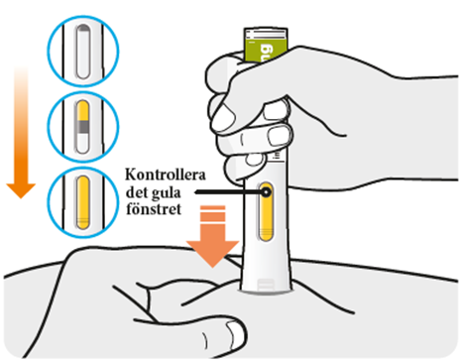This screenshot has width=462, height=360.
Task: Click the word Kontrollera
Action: (166, 175)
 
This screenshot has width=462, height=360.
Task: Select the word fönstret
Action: (154, 209)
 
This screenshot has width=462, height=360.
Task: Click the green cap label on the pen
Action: (266, 46)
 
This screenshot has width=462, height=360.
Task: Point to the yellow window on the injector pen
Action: (266, 211)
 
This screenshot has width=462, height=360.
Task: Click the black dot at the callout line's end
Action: (266, 192)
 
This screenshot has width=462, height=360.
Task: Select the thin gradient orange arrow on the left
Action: (21, 132)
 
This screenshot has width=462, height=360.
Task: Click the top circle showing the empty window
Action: (83, 51)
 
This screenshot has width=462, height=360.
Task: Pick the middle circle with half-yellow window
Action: (83, 127)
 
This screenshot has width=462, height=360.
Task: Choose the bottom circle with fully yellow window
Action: (83, 202)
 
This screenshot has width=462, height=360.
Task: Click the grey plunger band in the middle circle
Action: (83, 126)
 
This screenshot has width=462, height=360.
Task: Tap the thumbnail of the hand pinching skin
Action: (235, 334)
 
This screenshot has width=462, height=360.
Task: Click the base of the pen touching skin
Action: (266, 287)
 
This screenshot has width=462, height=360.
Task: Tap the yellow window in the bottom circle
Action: (83, 202)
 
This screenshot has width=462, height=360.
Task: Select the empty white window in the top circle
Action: (83, 52)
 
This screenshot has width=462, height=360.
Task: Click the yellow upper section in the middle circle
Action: (83, 111)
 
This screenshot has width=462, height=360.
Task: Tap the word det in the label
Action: (137, 192)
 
